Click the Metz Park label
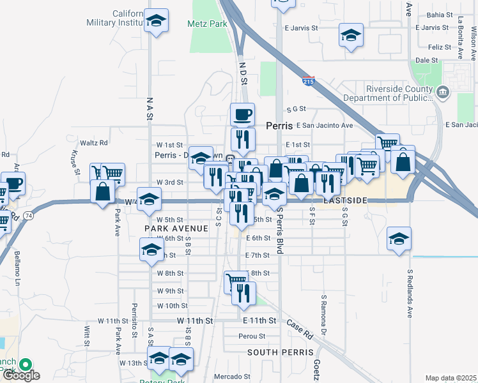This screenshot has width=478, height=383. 208,24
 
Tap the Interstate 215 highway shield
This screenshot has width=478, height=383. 308,80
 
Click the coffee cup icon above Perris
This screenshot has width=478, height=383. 242,114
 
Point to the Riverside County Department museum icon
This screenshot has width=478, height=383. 442,94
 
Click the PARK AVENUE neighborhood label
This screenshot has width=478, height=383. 176,228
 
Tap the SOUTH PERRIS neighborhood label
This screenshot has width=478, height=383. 281,352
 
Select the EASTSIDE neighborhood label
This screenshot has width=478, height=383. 345,200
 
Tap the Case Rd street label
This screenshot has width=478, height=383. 299,330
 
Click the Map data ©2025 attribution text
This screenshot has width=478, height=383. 450,378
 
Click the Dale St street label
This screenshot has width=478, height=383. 426,60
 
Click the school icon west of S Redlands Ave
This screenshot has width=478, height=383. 399,238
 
